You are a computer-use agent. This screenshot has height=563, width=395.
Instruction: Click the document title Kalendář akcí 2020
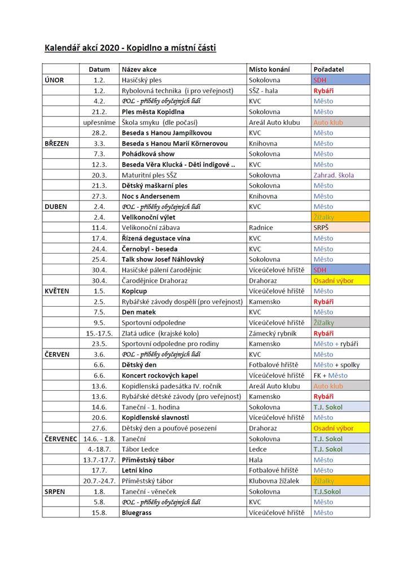[x=130, y=48]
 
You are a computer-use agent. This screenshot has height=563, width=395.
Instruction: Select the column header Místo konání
[x=269, y=69]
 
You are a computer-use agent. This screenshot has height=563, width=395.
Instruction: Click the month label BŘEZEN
[x=56, y=143]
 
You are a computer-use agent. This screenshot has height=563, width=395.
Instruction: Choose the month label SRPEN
[x=54, y=491]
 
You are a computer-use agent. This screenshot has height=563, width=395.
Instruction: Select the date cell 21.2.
[x=100, y=112]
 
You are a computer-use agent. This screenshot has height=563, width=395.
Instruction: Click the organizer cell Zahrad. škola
[x=333, y=175]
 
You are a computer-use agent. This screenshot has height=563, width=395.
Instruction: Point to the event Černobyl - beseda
[x=150, y=248]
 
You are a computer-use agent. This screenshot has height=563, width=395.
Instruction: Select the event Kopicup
[x=134, y=291]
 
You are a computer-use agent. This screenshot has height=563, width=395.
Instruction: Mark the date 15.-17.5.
[x=100, y=333]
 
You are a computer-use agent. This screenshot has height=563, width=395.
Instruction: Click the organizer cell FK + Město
[x=331, y=375]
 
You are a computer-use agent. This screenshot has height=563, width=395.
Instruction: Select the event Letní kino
[x=138, y=470]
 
